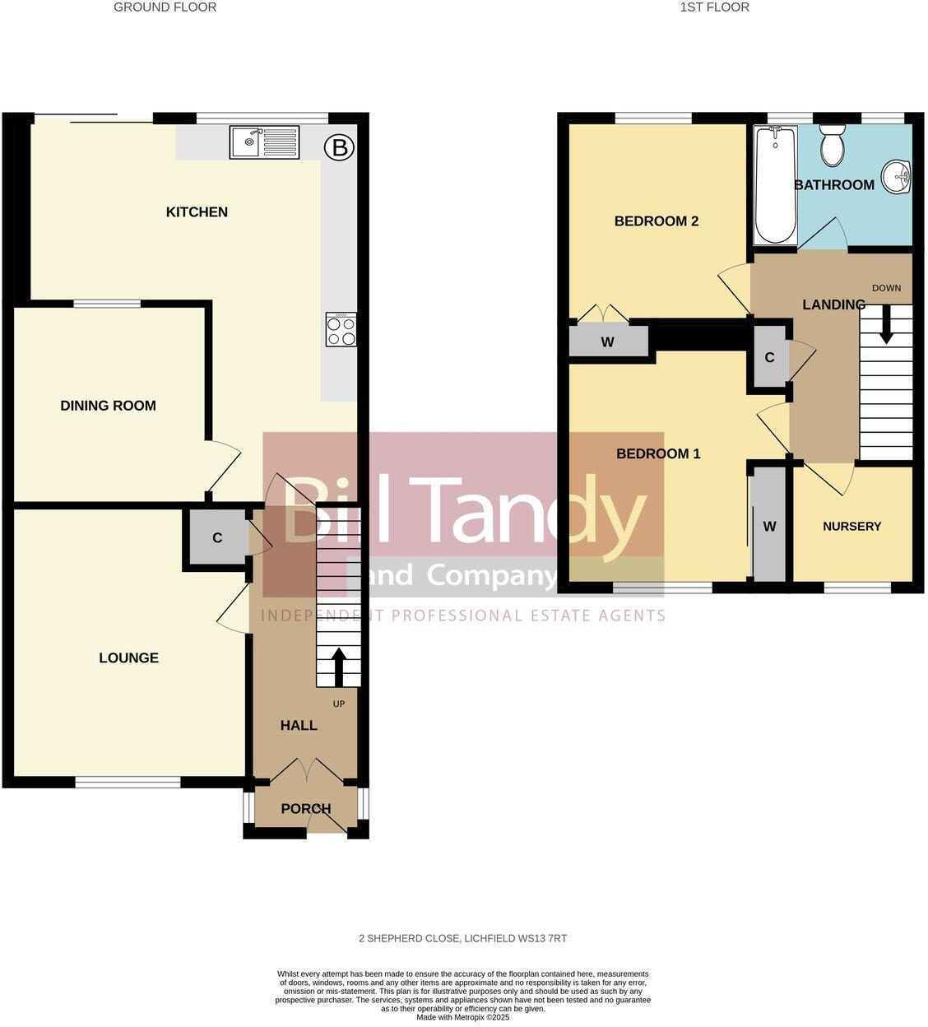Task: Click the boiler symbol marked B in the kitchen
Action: click(x=339, y=148)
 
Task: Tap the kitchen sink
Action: click(x=264, y=142)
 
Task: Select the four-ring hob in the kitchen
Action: click(x=341, y=329)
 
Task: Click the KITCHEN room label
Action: click(x=197, y=212)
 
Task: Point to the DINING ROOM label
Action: click(x=108, y=406)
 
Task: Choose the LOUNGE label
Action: click(x=128, y=658)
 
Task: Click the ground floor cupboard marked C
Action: click(x=217, y=538)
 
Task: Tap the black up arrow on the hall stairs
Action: click(x=338, y=665)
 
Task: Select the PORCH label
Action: click(x=306, y=809)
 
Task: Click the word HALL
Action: click(x=299, y=726)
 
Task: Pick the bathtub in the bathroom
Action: click(x=775, y=185)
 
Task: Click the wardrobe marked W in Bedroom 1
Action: click(x=769, y=527)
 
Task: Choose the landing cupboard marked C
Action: click(x=769, y=357)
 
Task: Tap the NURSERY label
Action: click(x=851, y=527)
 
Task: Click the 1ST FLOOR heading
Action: click(x=715, y=7)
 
